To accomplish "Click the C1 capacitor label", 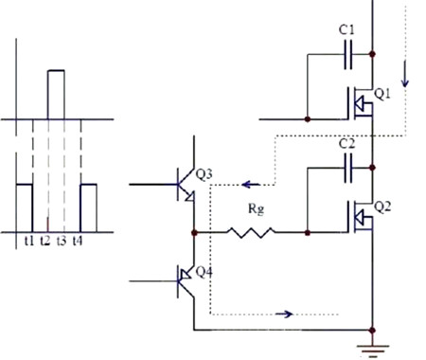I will [x=346, y=31].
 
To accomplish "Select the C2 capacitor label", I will [x=346, y=145].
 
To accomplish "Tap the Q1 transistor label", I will [x=382, y=94].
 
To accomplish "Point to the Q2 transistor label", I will [x=382, y=207].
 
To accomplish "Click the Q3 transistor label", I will [x=205, y=174].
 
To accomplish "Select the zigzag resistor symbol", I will [x=250, y=230].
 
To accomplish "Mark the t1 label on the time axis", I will [x=30, y=243].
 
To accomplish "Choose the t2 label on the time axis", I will [x=46, y=243].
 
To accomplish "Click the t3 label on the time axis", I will [x=62, y=243].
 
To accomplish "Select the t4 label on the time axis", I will [x=78, y=243].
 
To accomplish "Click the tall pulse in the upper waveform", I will [x=56, y=94].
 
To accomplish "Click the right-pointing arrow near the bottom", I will [x=281, y=312].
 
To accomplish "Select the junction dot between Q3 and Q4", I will [x=194, y=230].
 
